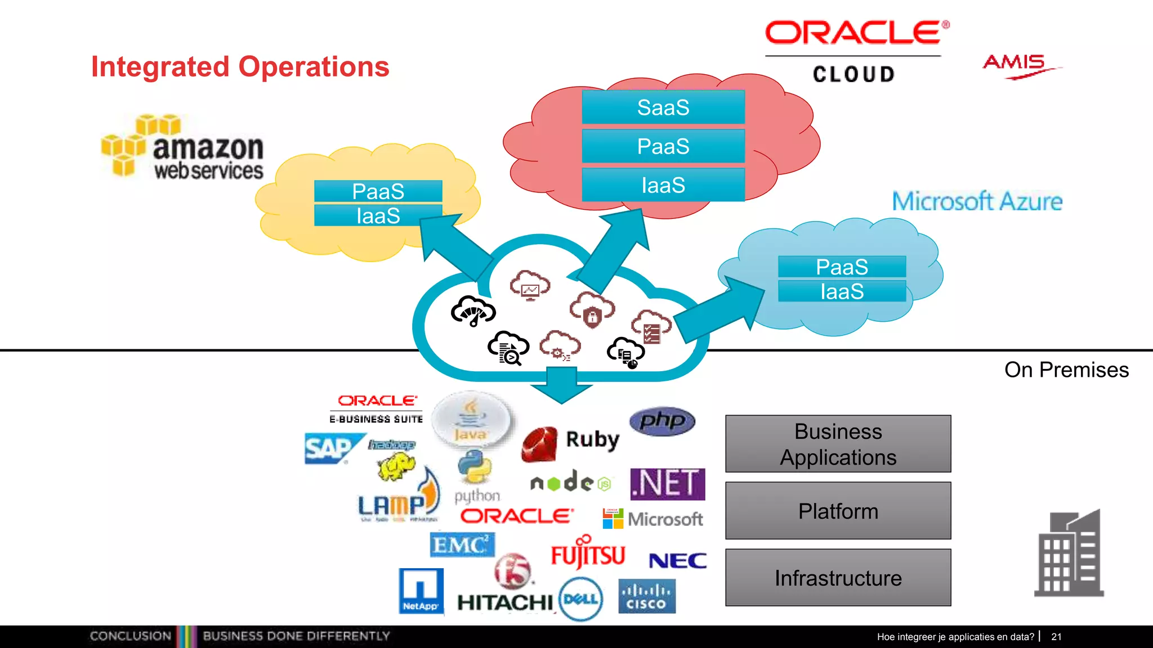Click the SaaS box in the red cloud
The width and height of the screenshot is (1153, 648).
(x=663, y=107)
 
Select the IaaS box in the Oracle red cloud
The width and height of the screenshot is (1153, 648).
(x=663, y=185)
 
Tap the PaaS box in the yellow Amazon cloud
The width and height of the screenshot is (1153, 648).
(x=378, y=191)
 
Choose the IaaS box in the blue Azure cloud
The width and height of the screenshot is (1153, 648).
(x=842, y=291)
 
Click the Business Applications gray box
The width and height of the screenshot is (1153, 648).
(x=838, y=444)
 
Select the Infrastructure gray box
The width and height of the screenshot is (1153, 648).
(x=838, y=578)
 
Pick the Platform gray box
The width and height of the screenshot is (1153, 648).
(x=838, y=511)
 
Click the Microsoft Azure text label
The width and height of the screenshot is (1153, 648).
(x=977, y=201)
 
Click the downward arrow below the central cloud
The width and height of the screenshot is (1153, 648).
(x=561, y=385)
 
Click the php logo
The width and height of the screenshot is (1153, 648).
(x=662, y=421)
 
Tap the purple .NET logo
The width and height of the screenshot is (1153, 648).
(x=667, y=484)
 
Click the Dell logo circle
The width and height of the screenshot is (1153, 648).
(x=581, y=599)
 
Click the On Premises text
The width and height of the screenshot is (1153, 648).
(x=1066, y=370)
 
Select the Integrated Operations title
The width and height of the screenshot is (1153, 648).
(x=240, y=66)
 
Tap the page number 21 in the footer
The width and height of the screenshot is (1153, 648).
(x=1056, y=637)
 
